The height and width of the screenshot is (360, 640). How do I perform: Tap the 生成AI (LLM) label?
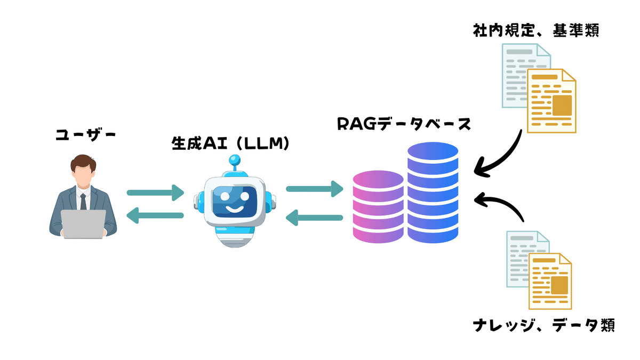230,143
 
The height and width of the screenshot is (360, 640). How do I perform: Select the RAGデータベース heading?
404,124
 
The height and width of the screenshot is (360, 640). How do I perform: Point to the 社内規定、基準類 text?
536,31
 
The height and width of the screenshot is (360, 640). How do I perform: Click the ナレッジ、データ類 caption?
544,324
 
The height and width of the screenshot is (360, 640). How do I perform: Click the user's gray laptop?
83,223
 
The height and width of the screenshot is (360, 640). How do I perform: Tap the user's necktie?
83,201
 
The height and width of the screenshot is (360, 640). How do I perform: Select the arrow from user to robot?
155,192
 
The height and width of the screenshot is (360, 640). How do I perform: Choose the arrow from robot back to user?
155,216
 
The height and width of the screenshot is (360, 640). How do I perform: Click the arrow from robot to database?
314,189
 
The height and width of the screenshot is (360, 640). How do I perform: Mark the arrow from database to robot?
314,217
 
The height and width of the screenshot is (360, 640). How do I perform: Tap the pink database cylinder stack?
378,207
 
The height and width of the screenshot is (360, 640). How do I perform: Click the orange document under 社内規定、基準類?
551,101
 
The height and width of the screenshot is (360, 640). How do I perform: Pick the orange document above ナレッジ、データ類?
550,281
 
